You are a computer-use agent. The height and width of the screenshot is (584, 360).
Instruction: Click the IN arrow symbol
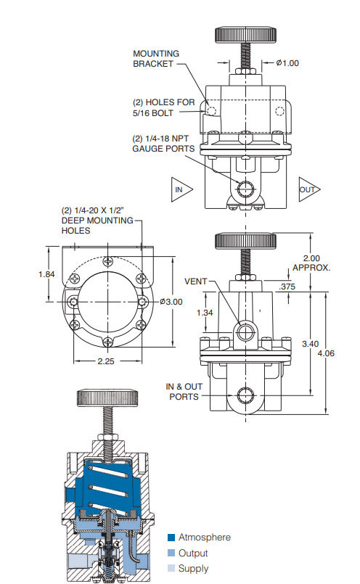(x=179, y=189)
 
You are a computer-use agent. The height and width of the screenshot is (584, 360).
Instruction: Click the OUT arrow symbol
(x=308, y=189)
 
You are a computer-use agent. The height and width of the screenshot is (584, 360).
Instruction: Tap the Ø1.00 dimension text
(x=287, y=62)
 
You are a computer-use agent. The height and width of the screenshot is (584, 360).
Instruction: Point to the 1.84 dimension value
(x=46, y=274)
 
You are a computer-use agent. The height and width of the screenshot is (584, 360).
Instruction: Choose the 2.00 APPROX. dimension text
(x=311, y=263)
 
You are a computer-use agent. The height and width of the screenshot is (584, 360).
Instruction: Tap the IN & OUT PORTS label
(x=184, y=391)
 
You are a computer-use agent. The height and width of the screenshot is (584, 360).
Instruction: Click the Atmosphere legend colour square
(x=171, y=538)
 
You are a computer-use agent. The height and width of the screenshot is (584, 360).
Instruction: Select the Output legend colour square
(x=171, y=553)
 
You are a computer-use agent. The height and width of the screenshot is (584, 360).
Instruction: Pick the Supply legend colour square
(x=171, y=569)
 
